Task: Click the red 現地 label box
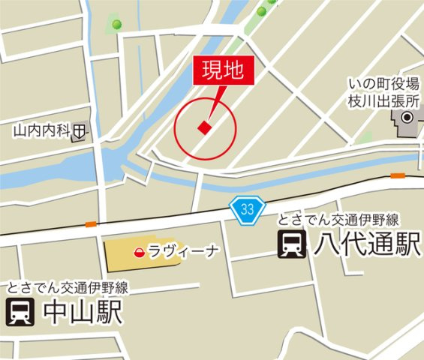pos(224,71)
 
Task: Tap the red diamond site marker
pos(204,128)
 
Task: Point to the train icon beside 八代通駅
pos(291,244)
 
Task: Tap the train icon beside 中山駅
pos(20,312)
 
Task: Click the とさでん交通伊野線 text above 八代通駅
pos(337,220)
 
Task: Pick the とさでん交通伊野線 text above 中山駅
pos(68,287)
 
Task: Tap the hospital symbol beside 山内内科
pos(79,132)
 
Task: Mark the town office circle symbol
pos(407,118)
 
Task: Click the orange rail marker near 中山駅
pos(91,223)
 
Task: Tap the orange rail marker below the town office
pos(397,175)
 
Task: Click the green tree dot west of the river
pos(116,24)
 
